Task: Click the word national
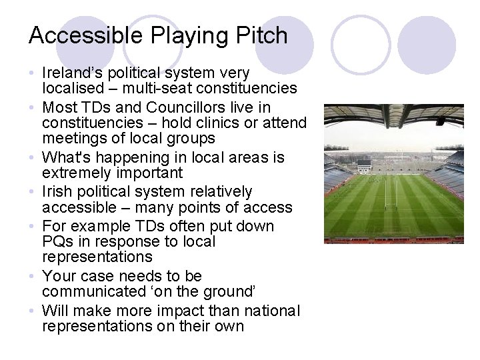(273, 311)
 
